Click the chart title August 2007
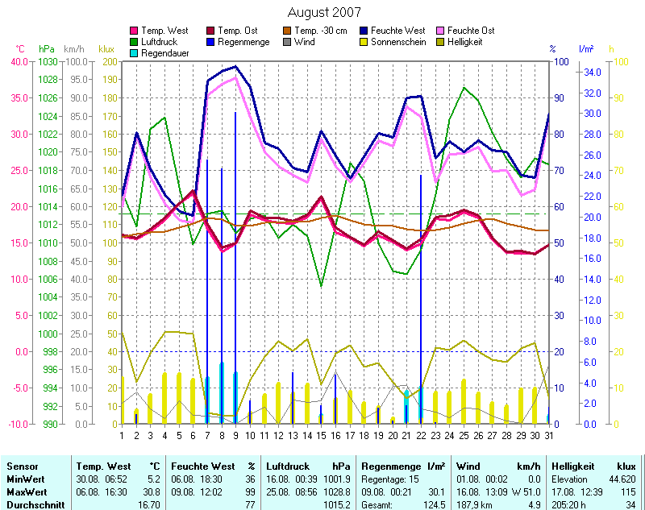324,12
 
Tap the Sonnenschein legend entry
397,42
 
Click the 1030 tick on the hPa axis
48,61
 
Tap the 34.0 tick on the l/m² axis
593,73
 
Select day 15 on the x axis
321,435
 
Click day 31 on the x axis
549,435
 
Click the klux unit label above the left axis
106,49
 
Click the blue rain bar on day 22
421,298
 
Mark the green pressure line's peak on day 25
464,88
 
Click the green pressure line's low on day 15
321,286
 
